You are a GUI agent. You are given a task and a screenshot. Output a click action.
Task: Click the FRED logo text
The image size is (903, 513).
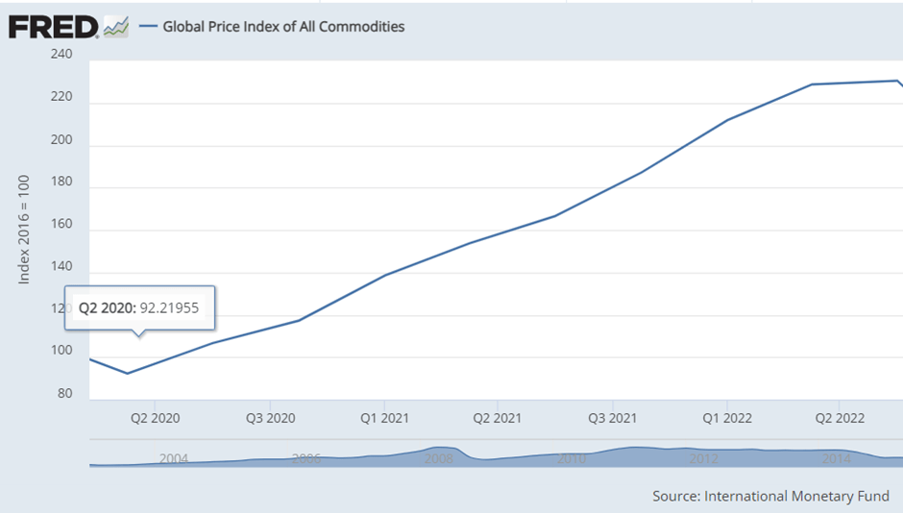[x=52, y=26]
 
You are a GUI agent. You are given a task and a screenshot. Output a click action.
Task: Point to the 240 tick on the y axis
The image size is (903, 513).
[x=61, y=54]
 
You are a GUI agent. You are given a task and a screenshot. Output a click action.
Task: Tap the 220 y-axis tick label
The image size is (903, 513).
[x=61, y=96]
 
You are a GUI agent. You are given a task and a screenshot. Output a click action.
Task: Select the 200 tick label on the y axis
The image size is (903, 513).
[x=61, y=138]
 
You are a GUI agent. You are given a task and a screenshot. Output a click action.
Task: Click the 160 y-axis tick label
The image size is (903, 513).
[x=61, y=224]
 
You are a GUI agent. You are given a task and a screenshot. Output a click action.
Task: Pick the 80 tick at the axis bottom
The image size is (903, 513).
[x=64, y=393]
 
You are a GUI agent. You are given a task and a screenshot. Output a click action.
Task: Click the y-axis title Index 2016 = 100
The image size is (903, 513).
[x=25, y=229]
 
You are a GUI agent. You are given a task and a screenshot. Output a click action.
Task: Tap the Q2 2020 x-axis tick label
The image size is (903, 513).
[x=155, y=418]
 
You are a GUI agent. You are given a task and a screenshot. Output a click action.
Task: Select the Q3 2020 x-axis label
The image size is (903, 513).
[x=271, y=418]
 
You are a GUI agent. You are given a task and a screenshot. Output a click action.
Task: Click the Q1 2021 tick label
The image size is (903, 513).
[x=384, y=418]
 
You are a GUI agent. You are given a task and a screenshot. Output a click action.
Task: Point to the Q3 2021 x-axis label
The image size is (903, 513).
[x=612, y=418]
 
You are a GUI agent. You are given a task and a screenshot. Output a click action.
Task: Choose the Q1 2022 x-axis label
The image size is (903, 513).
[x=726, y=418]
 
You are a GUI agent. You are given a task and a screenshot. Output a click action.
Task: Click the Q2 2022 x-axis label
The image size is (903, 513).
[x=840, y=418]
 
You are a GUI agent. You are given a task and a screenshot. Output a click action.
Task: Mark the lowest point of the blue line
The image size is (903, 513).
[x=128, y=373]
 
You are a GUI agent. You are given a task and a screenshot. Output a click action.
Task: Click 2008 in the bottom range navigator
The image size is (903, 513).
[x=439, y=459]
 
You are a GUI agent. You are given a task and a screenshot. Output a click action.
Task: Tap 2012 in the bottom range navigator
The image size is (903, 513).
[x=704, y=459]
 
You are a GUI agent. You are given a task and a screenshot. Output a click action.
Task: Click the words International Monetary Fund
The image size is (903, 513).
[x=796, y=496]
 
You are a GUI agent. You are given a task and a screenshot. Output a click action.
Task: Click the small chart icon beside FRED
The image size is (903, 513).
[x=116, y=26]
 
